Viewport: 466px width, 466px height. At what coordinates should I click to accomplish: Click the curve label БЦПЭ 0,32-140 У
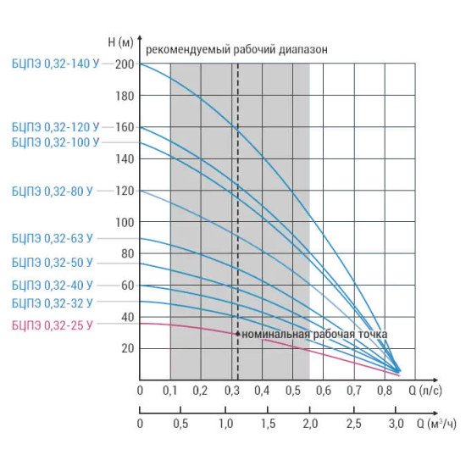coord(55,64)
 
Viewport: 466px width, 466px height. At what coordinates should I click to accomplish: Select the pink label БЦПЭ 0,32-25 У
coord(52,325)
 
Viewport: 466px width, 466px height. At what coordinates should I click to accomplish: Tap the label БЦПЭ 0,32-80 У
coord(52,191)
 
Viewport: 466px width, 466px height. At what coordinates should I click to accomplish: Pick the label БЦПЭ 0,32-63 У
coord(52,238)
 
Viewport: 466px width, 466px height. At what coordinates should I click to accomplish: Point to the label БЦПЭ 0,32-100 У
coord(55,142)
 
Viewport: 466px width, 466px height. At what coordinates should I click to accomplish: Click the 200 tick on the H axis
coord(125,64)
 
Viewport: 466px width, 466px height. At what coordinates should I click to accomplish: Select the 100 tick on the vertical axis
coord(125,222)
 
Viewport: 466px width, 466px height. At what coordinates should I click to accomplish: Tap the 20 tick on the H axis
coord(128,348)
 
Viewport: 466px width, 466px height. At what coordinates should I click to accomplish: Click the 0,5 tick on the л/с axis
coord(293,391)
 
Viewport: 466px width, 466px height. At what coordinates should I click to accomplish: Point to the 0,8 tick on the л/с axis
coord(385,391)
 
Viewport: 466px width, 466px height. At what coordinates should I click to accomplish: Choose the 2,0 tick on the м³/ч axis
coord(310,424)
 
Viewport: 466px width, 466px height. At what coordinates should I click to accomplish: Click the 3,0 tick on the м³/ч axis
coord(396,424)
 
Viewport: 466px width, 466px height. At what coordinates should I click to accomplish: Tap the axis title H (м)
coord(120,42)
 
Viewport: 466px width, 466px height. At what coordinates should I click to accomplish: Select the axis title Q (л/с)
coord(425,391)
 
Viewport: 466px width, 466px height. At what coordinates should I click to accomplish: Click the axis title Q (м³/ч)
coord(436,424)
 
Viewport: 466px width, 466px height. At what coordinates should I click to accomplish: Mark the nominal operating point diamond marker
coord(238,334)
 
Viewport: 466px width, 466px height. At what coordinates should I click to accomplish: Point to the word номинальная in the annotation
coord(276,335)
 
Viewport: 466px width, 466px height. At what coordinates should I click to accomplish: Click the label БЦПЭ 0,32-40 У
coord(52,286)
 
